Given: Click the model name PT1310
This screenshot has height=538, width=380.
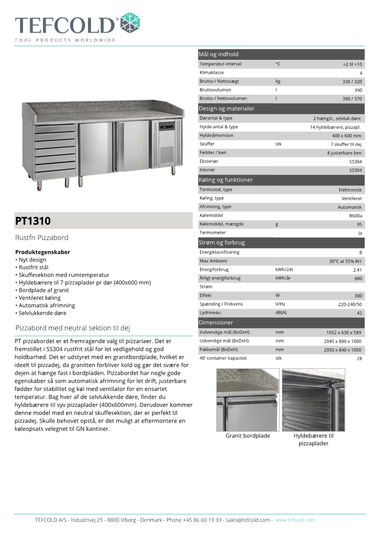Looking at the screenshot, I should click(33, 221).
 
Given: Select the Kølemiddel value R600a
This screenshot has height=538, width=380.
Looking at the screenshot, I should click(356, 216).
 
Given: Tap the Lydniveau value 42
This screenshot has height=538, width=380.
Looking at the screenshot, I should click(359, 313).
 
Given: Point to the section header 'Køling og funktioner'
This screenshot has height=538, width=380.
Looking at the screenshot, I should click(225, 180).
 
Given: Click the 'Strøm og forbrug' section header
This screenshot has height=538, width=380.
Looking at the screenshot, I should click(222, 243).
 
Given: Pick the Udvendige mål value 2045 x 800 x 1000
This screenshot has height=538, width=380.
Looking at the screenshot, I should click(342, 341).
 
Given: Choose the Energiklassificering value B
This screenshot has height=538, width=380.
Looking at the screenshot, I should click(360, 252).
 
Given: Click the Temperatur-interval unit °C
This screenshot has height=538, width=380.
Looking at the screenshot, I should click(278, 64).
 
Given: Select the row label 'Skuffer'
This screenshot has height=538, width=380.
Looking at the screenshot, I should click(207, 144).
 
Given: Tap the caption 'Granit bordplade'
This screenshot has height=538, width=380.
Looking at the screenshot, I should click(248, 436).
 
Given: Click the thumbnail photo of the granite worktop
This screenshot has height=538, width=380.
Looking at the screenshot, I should click(247, 400).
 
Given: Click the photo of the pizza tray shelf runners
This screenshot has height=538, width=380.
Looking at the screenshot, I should click(313, 400).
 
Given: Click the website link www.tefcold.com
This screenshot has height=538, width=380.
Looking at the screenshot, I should click(295, 520).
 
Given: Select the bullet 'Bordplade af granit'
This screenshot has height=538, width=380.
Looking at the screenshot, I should click(44, 290).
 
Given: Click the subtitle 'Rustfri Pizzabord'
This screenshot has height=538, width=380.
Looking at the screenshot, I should click(42, 238).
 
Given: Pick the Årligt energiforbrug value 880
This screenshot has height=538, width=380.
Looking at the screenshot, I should click(358, 278).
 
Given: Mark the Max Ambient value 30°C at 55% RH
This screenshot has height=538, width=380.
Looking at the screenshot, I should click(345, 261).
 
